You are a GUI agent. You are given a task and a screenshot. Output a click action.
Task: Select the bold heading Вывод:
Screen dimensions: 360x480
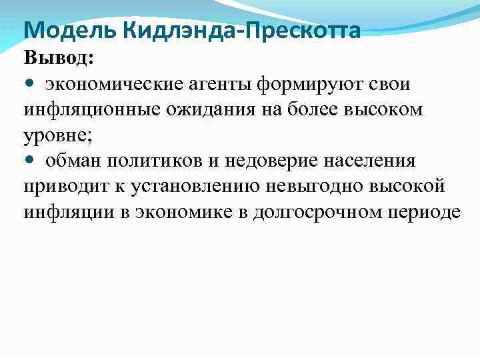[x=59, y=58]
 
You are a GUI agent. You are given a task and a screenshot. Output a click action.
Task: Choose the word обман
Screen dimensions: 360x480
[x=73, y=161]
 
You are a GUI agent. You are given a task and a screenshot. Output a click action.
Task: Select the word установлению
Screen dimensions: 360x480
[x=196, y=186]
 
